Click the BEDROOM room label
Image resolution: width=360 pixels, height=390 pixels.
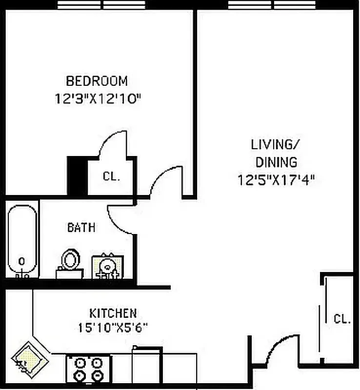coord(97,80)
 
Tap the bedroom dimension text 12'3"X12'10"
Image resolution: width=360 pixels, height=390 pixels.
coord(98,99)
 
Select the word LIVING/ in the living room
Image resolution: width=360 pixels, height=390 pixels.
coord(275,144)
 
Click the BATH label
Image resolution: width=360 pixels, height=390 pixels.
coord(81,227)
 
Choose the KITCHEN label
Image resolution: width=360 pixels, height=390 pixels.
coord(113,312)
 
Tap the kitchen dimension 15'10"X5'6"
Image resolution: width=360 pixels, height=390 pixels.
coord(113,328)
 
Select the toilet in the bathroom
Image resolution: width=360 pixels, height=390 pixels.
coord(69,261)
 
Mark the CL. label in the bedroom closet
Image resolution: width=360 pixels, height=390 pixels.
coord(111,177)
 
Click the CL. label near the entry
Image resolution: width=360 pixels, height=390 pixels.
coord(342,319)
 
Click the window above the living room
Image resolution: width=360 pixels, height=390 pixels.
coord(272,4)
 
